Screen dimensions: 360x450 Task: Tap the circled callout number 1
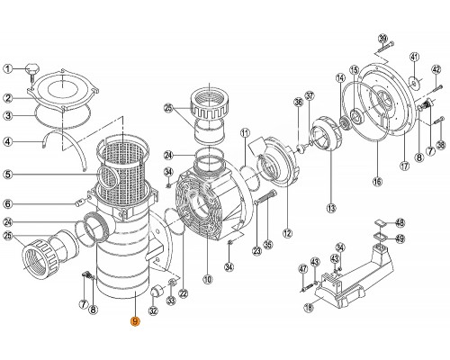click(8, 68)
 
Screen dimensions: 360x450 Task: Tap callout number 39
click(382, 38)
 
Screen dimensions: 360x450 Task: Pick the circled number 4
click(8, 141)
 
